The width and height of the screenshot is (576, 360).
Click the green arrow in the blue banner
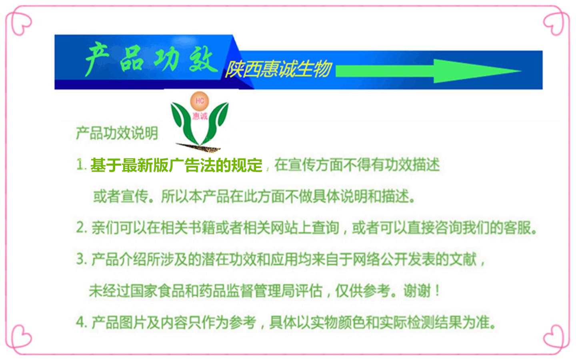(428, 71)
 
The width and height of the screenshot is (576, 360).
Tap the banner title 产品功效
(150, 59)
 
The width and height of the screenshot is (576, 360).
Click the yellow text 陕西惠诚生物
(278, 69)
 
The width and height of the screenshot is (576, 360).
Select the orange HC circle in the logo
(200, 101)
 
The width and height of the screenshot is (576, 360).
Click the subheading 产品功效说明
(117, 133)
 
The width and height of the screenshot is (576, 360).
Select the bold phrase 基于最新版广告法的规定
(176, 165)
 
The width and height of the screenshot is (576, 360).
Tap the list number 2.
(81, 228)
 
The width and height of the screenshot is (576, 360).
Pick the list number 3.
(81, 259)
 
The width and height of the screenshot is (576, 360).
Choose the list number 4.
(81, 322)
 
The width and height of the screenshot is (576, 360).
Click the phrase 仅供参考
(362, 291)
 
